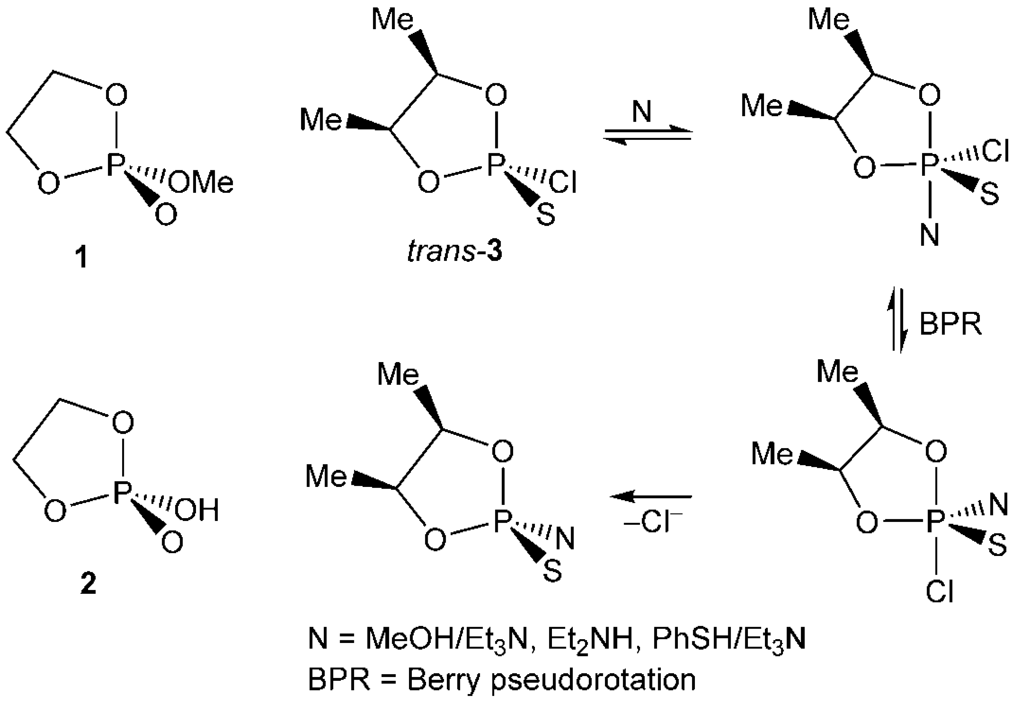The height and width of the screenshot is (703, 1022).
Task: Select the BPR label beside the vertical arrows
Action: tap(951, 325)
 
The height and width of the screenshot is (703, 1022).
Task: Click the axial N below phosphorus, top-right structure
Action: tap(929, 235)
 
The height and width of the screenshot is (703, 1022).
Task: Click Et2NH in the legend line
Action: tap(590, 639)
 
